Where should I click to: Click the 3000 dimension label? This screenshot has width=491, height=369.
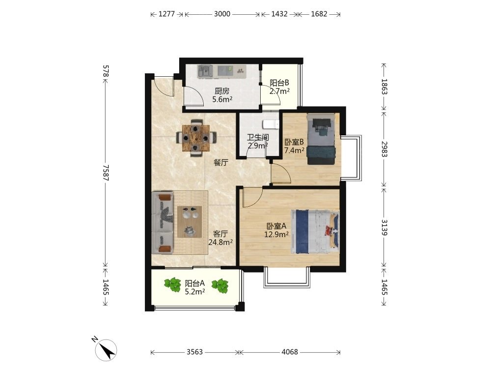(222, 14)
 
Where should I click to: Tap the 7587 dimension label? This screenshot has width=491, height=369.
(106, 173)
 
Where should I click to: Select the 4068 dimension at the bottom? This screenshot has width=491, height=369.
(290, 352)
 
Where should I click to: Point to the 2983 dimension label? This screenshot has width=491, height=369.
(384, 150)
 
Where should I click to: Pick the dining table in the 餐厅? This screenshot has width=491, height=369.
(196, 138)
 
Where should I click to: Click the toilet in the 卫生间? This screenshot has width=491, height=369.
(271, 124)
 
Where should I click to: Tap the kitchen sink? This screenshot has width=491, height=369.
(205, 71)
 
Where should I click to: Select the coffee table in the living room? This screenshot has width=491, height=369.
(190, 221)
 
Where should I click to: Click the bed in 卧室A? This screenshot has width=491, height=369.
(315, 232)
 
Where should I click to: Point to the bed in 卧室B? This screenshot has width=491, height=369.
(321, 139)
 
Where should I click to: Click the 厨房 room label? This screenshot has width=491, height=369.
(222, 92)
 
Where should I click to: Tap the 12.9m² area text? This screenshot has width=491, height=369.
(276, 234)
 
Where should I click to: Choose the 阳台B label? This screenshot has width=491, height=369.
(279, 83)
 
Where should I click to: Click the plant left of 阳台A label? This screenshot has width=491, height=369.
(172, 284)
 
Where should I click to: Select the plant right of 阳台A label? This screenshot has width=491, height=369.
(220, 286)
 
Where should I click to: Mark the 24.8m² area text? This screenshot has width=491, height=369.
(220, 242)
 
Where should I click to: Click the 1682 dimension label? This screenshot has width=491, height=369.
(319, 14)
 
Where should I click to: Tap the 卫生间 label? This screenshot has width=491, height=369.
(258, 137)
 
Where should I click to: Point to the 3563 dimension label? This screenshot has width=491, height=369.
(195, 352)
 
